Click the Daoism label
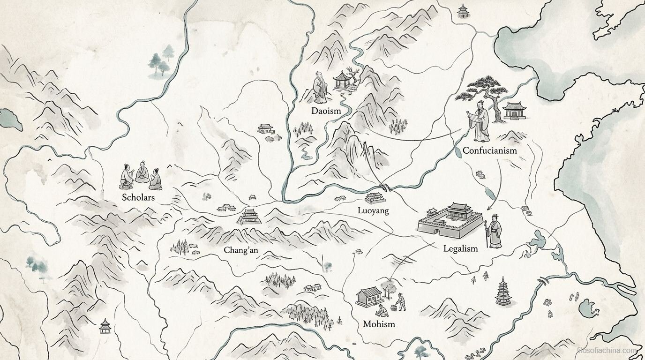pos(326,111)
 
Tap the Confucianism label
pos(489,150)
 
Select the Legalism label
pos(460,248)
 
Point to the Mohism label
pos(379,324)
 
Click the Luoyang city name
pos(373,210)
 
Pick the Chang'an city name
pos(240,250)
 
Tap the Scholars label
pos(138,197)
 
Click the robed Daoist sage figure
pos(320,88)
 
